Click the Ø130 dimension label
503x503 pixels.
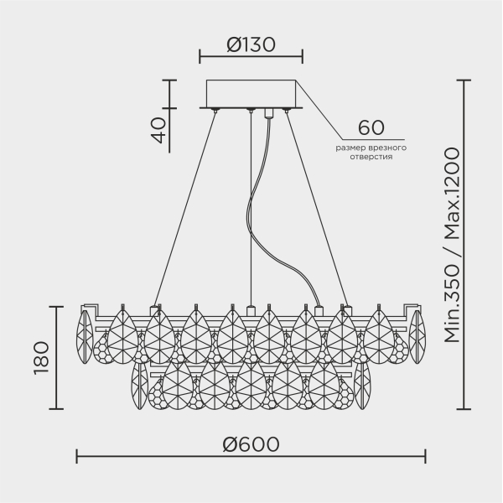click(251, 44)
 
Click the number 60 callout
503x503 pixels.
click(370, 128)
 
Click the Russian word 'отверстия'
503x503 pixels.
click(370, 157)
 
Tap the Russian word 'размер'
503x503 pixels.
click(350, 148)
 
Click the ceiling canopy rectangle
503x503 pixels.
click(251, 93)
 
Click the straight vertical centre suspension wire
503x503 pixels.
click(251, 210)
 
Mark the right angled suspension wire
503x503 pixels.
click(316, 210)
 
